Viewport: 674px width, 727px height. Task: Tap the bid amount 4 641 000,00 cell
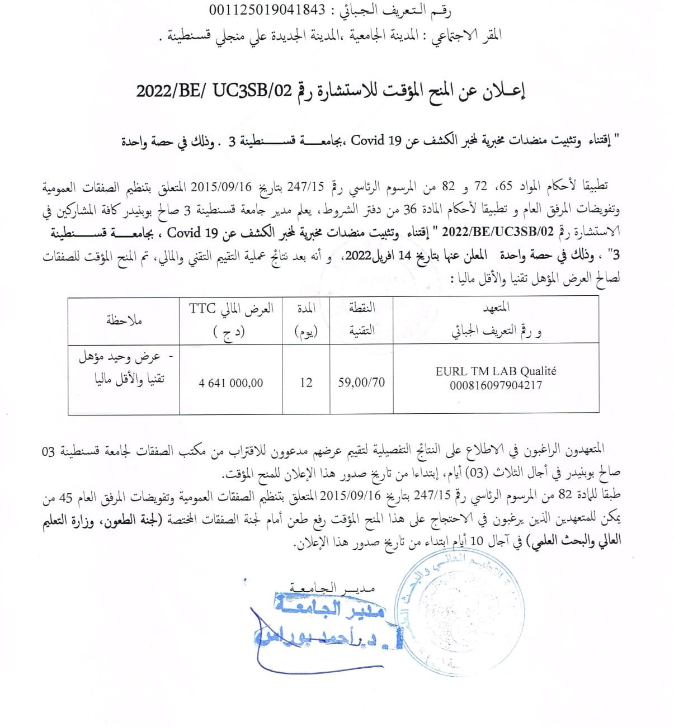pos(231,383)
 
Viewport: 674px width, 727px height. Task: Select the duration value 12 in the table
pos(306,383)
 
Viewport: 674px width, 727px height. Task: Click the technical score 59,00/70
pos(361,383)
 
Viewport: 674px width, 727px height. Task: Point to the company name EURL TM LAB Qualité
pos(496,371)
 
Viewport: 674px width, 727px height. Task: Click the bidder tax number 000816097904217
pos(496,385)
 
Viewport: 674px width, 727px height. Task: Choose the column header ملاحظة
pos(124,320)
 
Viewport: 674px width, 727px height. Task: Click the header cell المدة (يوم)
pos(306,320)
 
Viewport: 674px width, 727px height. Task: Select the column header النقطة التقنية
pos(361,320)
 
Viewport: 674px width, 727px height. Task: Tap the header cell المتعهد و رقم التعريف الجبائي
pos(496,320)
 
